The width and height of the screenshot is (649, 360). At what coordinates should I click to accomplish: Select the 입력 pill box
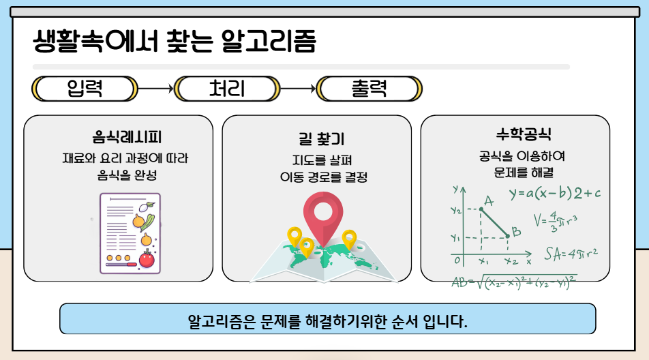tap(85, 88)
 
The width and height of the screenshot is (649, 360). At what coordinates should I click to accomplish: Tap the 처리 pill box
tap(228, 88)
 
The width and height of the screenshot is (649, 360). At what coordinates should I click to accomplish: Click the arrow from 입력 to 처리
tap(156, 88)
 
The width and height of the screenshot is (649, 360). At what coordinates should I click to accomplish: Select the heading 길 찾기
tap(317, 139)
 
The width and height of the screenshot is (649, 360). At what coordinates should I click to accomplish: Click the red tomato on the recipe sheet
tap(147, 259)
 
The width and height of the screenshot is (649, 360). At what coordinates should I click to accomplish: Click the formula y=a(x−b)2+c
tap(555, 193)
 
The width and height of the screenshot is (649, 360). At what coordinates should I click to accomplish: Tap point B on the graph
tap(508, 237)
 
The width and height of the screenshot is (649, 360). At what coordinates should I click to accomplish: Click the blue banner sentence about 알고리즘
tap(328, 319)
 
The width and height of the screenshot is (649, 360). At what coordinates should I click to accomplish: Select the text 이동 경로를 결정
tap(317, 178)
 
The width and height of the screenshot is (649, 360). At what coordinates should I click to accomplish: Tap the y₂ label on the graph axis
tap(455, 211)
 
